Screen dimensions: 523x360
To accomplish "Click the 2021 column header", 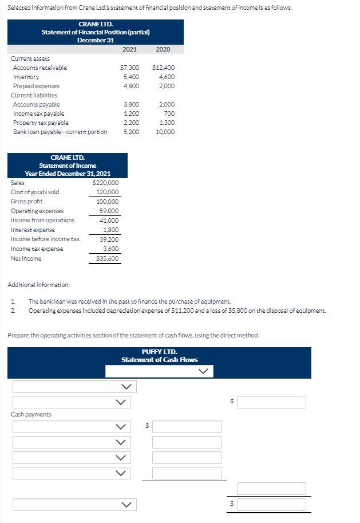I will click(x=129, y=49).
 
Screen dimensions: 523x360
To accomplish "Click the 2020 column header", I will click(x=163, y=49).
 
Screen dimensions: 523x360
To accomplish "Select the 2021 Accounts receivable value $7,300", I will click(x=131, y=68).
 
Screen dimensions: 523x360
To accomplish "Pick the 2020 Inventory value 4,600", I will click(x=166, y=77).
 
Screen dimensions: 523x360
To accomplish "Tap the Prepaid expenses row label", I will click(x=36, y=86).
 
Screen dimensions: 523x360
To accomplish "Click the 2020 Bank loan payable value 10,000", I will click(x=165, y=132).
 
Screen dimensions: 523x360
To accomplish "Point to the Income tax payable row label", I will click(x=38, y=113).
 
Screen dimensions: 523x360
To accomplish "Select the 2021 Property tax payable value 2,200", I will click(x=132, y=123).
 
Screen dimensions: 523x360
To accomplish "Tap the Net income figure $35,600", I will click(x=107, y=258).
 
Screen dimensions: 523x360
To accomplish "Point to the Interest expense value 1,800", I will click(x=110, y=230).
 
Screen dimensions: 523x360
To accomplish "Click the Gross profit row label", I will click(x=26, y=202).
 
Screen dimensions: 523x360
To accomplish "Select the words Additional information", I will click(x=39, y=285).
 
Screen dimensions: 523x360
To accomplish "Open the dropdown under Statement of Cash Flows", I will click(x=159, y=371).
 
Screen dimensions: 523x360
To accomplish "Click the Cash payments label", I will click(x=31, y=414).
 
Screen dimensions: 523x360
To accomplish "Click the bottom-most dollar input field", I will click(x=271, y=505).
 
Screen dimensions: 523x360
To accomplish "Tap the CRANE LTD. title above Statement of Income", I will click(x=68, y=158).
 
